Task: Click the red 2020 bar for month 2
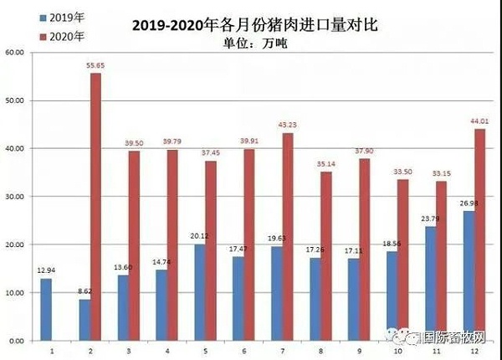tap(95, 207)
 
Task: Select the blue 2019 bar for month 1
tap(46, 310)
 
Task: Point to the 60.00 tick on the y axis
tap(16, 52)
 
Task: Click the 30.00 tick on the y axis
tap(16, 197)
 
